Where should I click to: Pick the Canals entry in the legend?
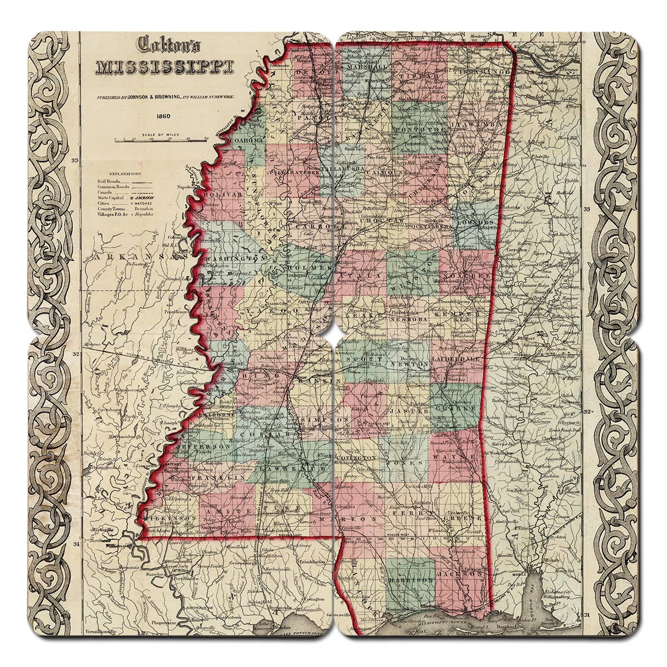pos(106,192)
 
